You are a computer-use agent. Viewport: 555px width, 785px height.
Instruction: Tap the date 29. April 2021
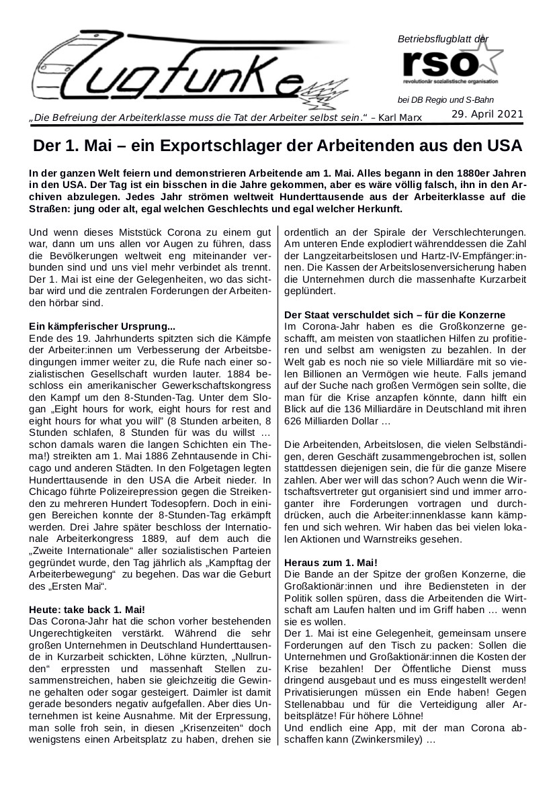coord(487,114)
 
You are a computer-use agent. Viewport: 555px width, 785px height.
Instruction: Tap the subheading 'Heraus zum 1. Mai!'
coord(331,561)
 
